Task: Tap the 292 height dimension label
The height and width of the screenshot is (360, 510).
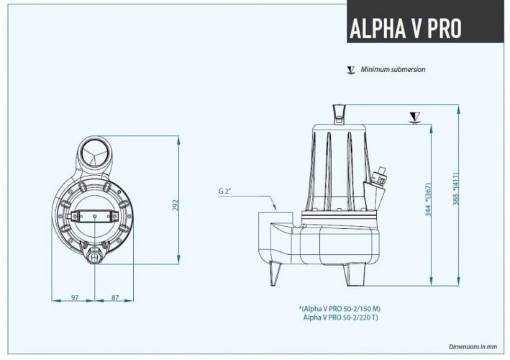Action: pyautogui.click(x=174, y=205)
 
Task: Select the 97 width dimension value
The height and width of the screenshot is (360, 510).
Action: pyautogui.click(x=74, y=297)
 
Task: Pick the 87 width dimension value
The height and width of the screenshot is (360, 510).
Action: pyautogui.click(x=115, y=297)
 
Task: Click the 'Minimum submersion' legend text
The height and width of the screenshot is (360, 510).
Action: pyautogui.click(x=393, y=70)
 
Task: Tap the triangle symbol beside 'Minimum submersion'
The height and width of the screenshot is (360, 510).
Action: pyautogui.click(x=351, y=70)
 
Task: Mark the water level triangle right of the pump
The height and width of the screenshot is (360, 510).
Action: pyautogui.click(x=414, y=117)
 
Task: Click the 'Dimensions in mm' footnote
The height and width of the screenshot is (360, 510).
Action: pyautogui.click(x=473, y=346)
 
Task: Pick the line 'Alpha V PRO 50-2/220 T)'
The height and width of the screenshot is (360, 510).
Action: pyautogui.click(x=342, y=317)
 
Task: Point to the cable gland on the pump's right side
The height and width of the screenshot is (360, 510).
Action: pyautogui.click(x=381, y=177)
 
